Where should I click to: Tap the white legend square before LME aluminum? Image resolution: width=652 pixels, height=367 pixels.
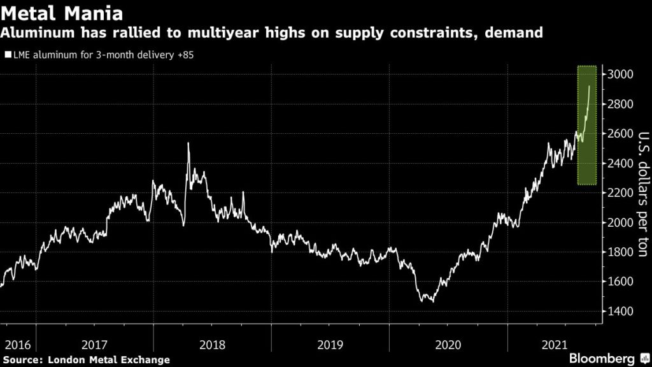coord(7,55)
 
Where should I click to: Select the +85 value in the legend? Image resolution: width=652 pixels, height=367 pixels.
coord(185,55)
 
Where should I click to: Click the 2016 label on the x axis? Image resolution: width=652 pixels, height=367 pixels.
coord(17,345)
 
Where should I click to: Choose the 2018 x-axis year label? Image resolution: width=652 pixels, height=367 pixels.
coord(213,345)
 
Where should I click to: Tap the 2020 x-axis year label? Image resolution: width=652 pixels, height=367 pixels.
coord(448,345)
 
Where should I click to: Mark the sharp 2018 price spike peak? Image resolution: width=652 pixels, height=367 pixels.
coord(188,143)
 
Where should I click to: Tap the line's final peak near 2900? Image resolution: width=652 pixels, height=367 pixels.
coord(589,86)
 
